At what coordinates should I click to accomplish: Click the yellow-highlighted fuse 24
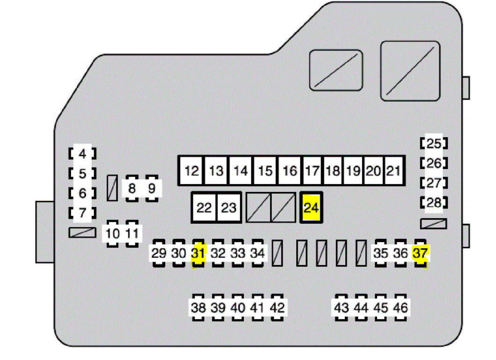[x=311, y=207]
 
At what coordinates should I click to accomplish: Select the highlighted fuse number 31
[x=198, y=254]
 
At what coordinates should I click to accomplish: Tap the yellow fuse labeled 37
[x=420, y=254]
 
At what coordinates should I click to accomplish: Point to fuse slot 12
[x=191, y=170]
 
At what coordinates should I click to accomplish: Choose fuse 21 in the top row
[x=394, y=170]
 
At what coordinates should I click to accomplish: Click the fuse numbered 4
[x=83, y=154]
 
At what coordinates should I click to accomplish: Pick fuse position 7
[x=83, y=213]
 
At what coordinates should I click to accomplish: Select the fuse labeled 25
[x=434, y=143]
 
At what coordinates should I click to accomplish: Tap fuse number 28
[x=434, y=203]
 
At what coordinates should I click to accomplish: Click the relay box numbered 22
[x=204, y=207]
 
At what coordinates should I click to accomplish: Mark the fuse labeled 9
[x=152, y=189]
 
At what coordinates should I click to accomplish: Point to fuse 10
[x=113, y=233]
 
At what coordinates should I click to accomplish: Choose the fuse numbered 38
[x=198, y=308]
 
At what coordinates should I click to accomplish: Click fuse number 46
[x=401, y=308]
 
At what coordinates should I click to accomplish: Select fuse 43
[x=342, y=308]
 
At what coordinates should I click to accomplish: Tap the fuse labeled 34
[x=257, y=254]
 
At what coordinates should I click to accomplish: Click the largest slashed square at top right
[x=410, y=71]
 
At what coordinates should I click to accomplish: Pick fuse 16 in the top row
[x=290, y=170]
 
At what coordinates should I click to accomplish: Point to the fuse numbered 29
[x=159, y=254]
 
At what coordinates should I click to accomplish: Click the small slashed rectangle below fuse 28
[x=434, y=224]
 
